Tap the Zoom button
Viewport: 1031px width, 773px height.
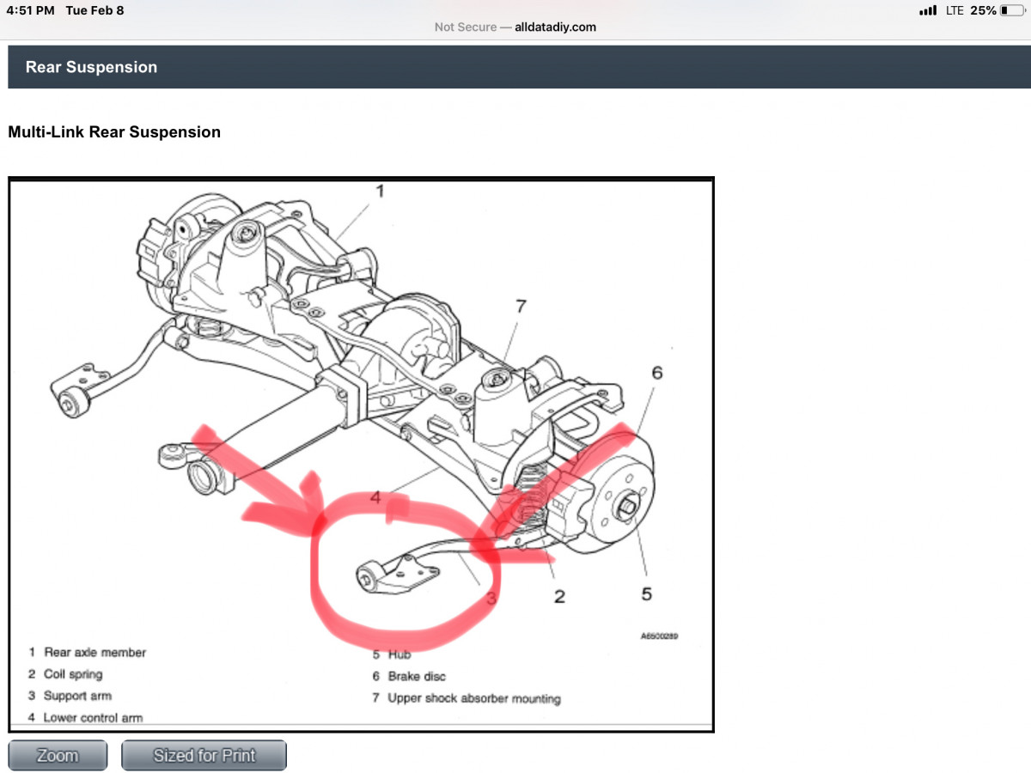[x=58, y=756]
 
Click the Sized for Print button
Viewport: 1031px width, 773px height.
[x=204, y=756]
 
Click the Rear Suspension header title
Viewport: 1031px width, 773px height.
[x=91, y=67]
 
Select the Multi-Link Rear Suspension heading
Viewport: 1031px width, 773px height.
[x=114, y=132]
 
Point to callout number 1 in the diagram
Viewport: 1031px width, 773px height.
[x=379, y=191]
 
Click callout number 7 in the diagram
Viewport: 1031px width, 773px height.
[x=521, y=306]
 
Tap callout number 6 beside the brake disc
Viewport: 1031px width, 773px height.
[x=657, y=373]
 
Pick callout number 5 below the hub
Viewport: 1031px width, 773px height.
[x=646, y=593]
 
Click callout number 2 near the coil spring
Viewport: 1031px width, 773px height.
[x=559, y=596]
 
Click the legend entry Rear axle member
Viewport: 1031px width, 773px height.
[x=95, y=653]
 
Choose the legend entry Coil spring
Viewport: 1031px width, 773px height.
[x=73, y=674]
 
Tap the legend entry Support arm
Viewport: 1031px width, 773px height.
[x=77, y=696]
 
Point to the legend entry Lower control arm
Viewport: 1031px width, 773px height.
[x=93, y=717]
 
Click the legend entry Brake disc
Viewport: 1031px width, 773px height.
[x=417, y=677]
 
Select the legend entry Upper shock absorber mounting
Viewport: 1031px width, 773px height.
[x=473, y=698]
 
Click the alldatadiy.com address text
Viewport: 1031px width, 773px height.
[x=555, y=27]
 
